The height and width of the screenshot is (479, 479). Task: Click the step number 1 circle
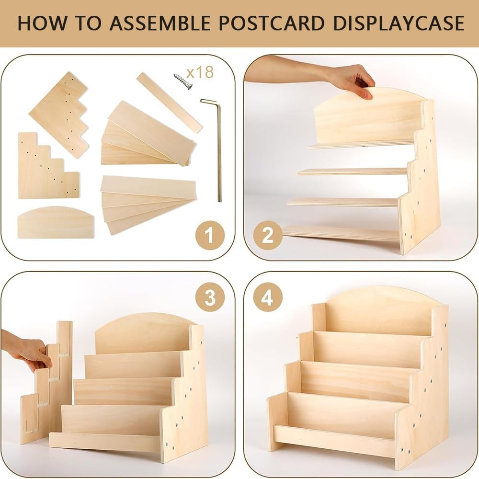pos(210,235)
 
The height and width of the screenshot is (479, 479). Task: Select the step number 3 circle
pos(210,297)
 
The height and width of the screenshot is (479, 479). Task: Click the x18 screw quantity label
pos(200,72)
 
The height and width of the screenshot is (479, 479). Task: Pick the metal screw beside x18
pos(182,81)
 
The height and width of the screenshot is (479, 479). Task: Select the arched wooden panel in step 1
pos(56,223)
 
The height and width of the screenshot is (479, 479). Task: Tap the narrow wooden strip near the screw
pos(169,103)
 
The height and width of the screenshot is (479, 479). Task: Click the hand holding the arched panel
pos(352,79)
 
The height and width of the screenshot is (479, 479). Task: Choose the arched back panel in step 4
pos(378,309)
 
